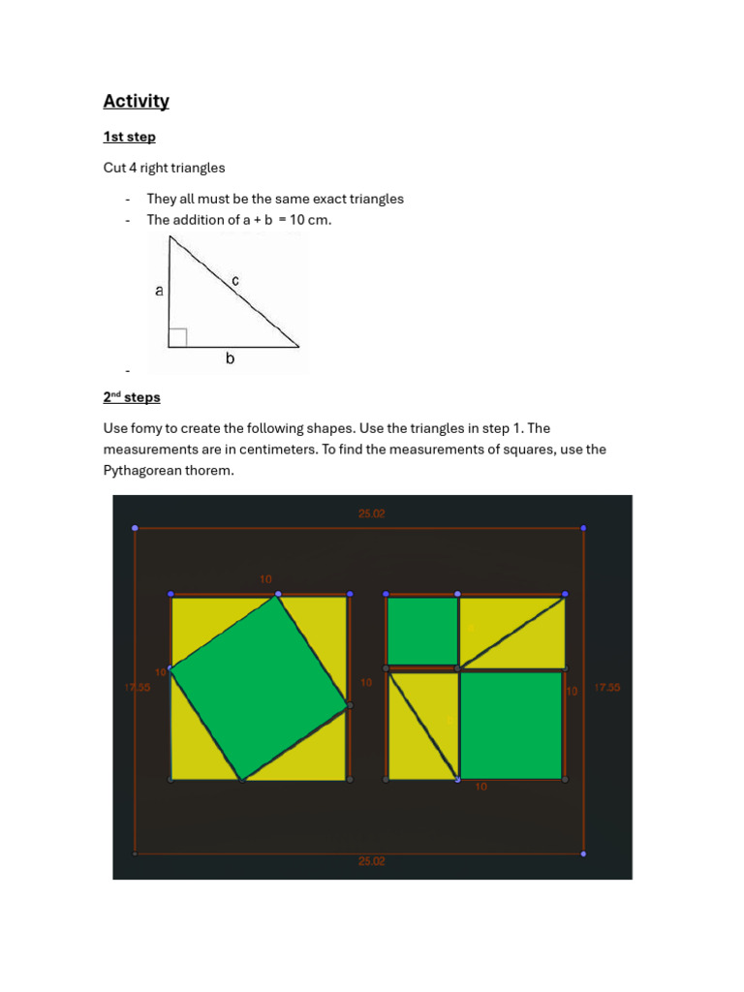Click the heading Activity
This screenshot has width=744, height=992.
click(137, 101)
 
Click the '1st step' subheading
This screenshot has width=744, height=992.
click(130, 137)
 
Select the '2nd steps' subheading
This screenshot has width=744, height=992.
click(132, 397)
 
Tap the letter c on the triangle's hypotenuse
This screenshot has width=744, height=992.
click(235, 281)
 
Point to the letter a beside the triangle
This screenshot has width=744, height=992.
click(159, 290)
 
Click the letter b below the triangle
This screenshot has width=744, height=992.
click(230, 358)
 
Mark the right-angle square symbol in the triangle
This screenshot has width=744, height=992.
click(177, 337)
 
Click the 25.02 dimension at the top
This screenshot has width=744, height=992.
click(372, 514)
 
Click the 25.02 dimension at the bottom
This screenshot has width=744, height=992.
click(372, 860)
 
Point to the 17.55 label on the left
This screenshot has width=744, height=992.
click(138, 688)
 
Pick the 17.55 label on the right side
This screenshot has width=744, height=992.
click(606, 688)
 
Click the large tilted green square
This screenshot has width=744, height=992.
click(259, 688)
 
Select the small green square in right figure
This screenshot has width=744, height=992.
click(422, 631)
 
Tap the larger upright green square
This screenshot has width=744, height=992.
click(511, 725)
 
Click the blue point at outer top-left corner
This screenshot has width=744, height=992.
click(135, 528)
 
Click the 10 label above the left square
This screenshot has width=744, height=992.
click(265, 579)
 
